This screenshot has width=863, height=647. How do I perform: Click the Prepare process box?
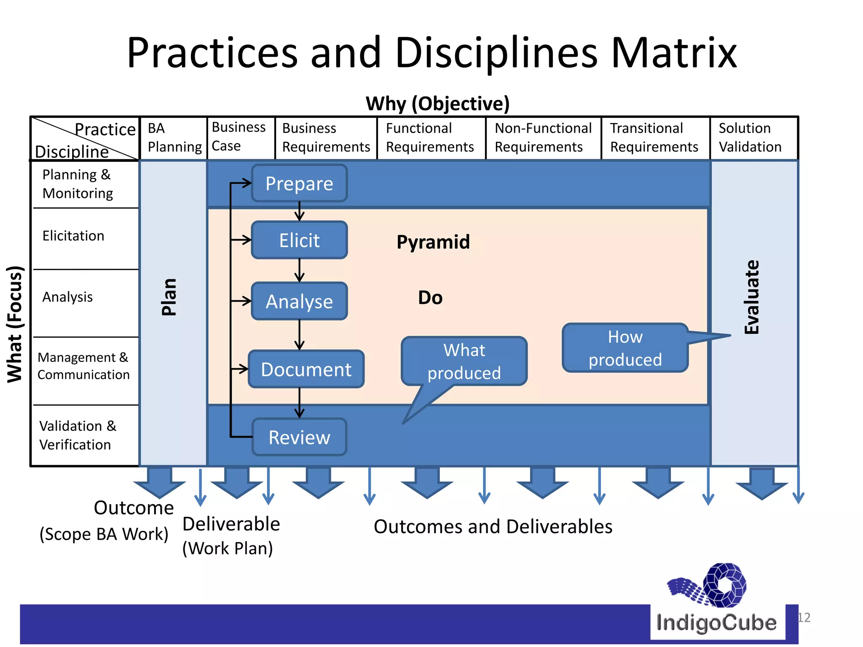coord(299,183)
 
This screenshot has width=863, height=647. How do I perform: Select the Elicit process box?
coord(299,240)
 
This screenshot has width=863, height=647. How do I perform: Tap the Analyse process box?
coord(299,301)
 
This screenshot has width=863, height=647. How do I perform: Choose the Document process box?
coord(306,369)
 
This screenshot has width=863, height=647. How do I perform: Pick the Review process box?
coord(299,437)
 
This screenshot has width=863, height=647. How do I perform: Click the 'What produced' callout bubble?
coord(464,361)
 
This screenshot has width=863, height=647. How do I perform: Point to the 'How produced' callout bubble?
coord(625,348)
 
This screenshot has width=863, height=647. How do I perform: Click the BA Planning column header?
coord(174,138)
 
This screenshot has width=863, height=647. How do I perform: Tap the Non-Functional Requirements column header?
coord(543,138)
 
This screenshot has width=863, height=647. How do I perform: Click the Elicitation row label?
coord(73,236)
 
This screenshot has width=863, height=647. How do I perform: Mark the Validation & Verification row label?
coord(78,435)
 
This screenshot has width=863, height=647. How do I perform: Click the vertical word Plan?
coord(169,297)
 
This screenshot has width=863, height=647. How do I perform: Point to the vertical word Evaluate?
coord(752,297)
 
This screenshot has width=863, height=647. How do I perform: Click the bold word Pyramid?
coord(433,242)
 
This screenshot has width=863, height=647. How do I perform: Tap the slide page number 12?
coord(804,618)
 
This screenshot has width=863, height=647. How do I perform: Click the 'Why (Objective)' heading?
coord(437,104)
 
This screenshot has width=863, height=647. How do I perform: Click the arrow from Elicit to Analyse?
coord(300,270)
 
